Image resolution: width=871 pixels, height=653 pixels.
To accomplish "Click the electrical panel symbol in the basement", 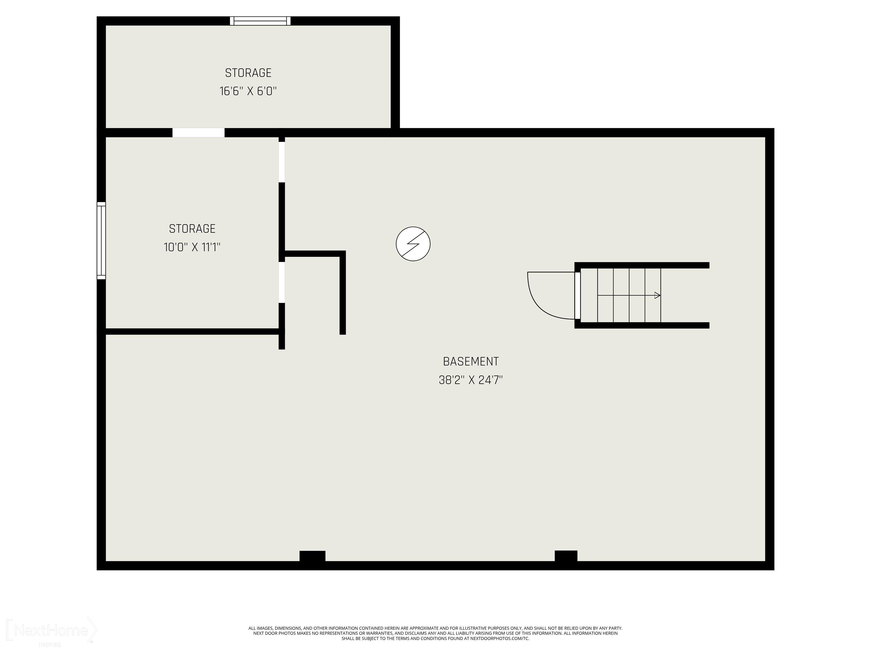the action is tap(413, 244).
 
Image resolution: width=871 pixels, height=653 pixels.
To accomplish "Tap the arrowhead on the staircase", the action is tap(657, 295).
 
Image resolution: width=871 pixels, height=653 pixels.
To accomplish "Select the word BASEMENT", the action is tap(471, 361).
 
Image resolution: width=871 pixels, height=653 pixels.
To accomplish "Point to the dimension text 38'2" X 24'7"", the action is tap(471, 380).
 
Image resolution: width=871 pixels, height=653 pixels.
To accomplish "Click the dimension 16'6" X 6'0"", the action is tap(248, 91).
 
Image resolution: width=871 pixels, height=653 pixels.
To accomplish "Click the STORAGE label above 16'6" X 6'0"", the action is tap(248, 73).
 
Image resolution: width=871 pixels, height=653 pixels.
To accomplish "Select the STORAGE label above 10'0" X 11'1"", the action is tap(192, 229).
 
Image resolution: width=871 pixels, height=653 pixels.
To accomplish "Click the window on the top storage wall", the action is tap(260, 21).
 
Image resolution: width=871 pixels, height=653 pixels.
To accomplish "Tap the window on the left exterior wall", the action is tap(101, 241).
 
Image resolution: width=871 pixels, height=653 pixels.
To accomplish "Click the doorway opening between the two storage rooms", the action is tap(198, 133).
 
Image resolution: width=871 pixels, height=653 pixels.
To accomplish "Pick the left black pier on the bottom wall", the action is tap(312, 556).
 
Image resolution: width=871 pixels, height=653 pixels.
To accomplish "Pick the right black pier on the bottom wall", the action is tap(566, 556).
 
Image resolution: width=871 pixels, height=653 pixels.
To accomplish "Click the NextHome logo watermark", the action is tap(51, 631).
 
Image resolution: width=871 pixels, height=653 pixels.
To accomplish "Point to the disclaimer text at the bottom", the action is tap(435, 633).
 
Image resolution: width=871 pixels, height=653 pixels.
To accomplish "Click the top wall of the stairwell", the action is tap(642, 265).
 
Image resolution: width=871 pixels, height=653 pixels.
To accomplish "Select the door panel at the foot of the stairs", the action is tap(577, 295).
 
